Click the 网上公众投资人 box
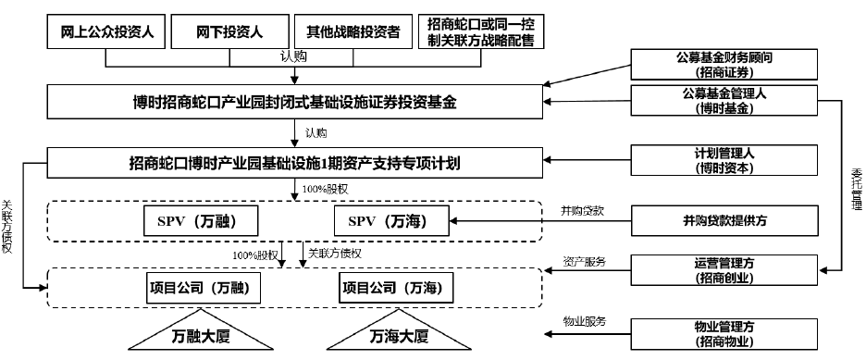(106, 31)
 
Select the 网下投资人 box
(229, 31)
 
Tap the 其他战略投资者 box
(353, 31)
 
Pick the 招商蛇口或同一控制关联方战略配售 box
(480, 31)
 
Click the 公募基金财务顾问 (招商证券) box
(724, 64)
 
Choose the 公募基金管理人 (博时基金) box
(724, 101)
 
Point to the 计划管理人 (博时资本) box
(724, 160)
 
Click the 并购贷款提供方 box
(724, 221)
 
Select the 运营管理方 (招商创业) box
(724, 270)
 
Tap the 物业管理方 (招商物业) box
(724, 334)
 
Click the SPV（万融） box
(201, 221)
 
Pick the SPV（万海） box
(391, 221)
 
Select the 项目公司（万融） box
(204, 288)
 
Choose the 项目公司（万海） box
(395, 288)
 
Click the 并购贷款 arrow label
(579, 210)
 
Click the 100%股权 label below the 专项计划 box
(325, 189)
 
